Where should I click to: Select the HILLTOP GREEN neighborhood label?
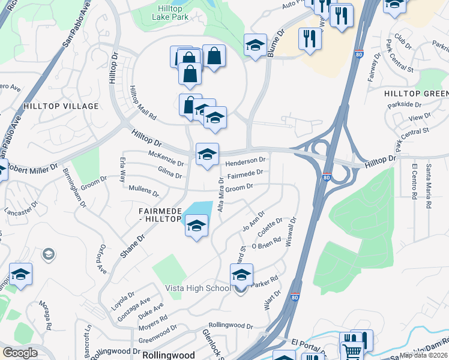[416, 94]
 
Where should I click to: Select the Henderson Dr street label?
[245, 161]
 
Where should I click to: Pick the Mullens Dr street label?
[144, 191]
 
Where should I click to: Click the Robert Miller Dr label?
[33, 167]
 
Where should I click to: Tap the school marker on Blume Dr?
[255, 46]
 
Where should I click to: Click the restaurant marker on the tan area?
[310, 39]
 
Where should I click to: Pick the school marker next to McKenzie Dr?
[207, 155]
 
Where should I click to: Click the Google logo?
[20, 353]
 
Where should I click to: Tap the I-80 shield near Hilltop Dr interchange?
[325, 178]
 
